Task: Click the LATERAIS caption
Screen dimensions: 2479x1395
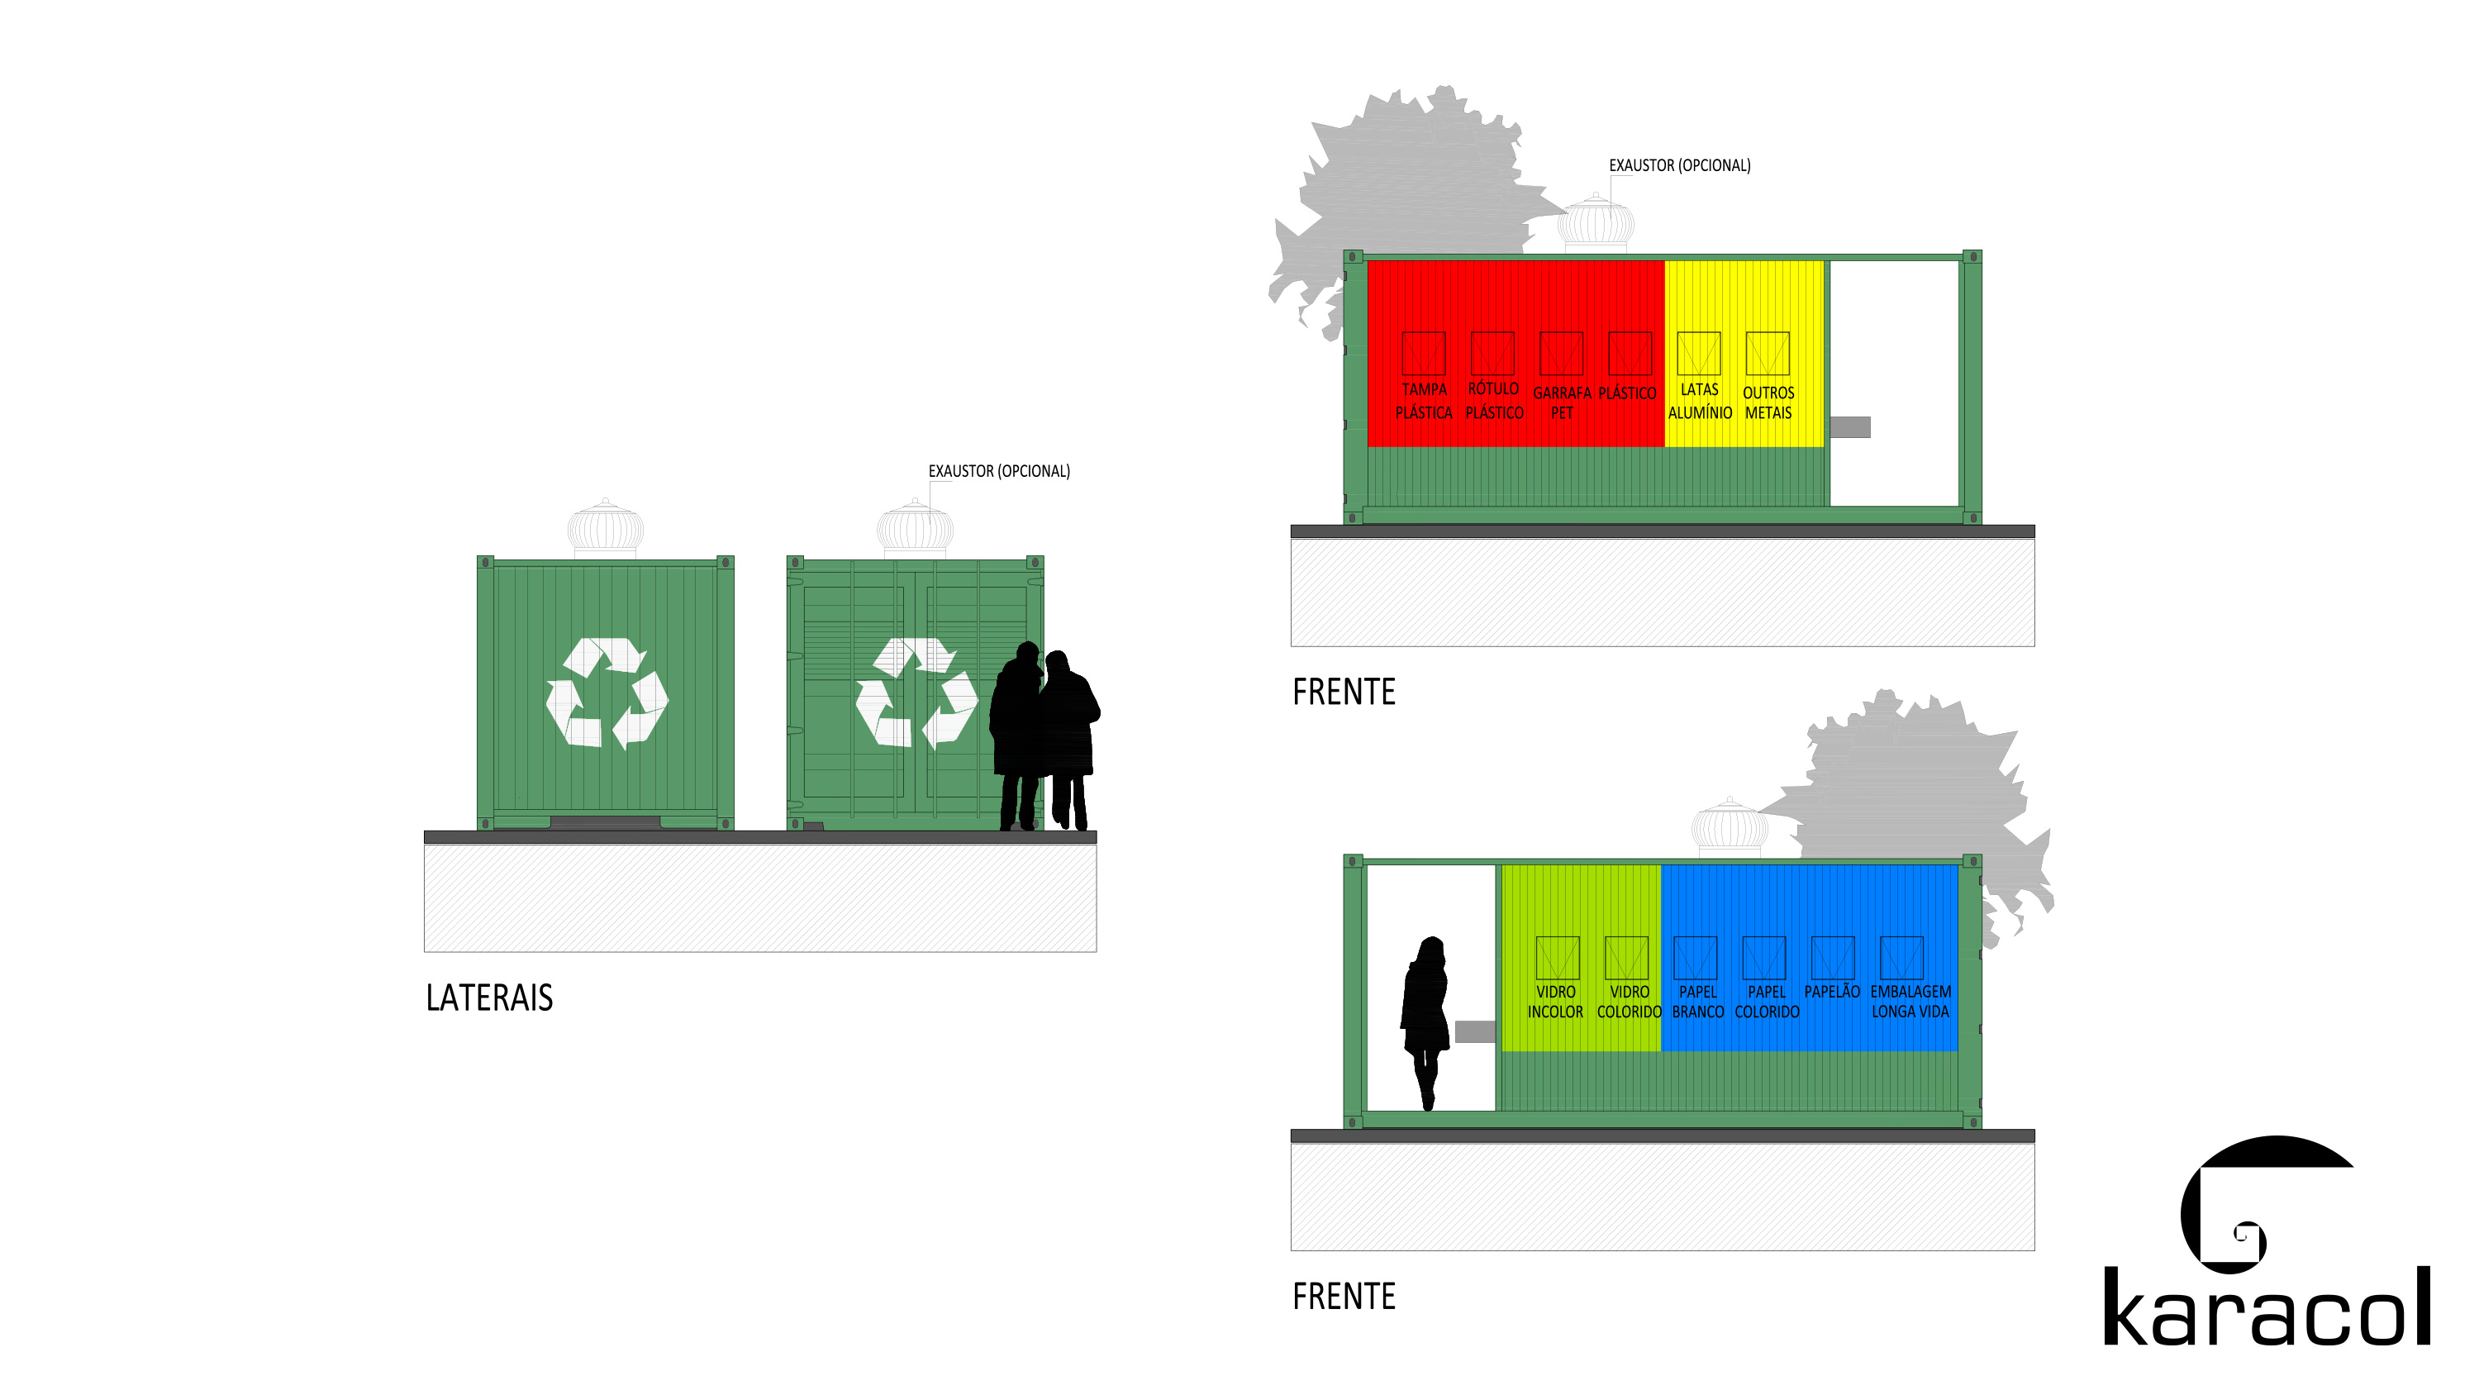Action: tap(489, 997)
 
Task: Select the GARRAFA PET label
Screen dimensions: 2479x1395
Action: tap(1561, 402)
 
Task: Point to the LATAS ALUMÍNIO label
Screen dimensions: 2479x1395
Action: tap(1700, 401)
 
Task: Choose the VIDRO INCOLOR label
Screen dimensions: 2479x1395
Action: tap(1555, 1002)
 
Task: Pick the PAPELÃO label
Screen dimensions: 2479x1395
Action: tap(1831, 991)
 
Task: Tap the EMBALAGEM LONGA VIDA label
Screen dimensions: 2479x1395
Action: tap(1910, 1002)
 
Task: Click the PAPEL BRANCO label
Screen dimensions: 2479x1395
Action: tap(1697, 1002)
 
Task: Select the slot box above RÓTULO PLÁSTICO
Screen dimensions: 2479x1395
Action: tap(1492, 354)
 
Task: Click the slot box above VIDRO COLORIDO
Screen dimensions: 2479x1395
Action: tap(1626, 957)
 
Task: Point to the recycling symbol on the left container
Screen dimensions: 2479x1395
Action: tap(607, 693)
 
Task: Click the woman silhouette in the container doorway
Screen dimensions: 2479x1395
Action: tap(1425, 1023)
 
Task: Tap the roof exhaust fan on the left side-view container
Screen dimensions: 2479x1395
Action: tap(606, 527)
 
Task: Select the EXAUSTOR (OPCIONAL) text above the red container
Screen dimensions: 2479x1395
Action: tap(1679, 165)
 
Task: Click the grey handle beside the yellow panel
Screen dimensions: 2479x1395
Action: tap(1849, 426)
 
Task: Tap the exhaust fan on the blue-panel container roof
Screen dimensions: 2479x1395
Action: tap(1730, 827)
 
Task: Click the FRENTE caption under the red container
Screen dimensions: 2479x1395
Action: tap(1344, 693)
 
